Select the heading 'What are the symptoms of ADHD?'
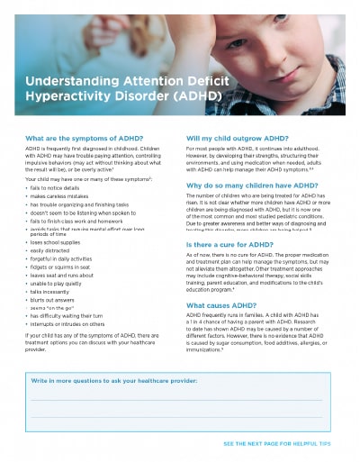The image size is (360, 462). [93, 138]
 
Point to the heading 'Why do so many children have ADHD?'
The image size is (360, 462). [255, 185]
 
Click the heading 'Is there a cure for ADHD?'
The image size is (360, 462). [233, 244]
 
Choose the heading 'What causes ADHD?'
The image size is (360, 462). [223, 305]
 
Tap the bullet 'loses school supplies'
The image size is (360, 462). [64, 241]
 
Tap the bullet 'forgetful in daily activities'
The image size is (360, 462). [71, 260]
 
